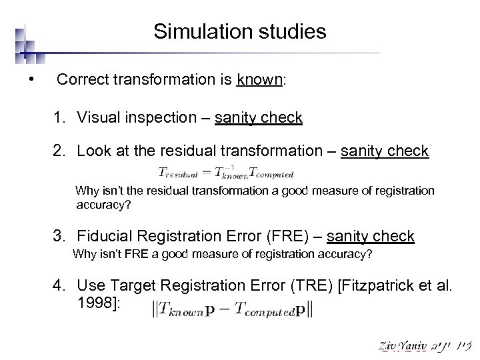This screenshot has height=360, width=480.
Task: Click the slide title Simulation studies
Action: (239, 31)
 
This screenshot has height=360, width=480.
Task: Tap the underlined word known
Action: (260, 80)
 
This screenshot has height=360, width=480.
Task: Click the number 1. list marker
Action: (62, 118)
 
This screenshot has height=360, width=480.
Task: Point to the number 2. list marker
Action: (62, 151)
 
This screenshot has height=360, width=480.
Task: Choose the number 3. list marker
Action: (62, 236)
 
